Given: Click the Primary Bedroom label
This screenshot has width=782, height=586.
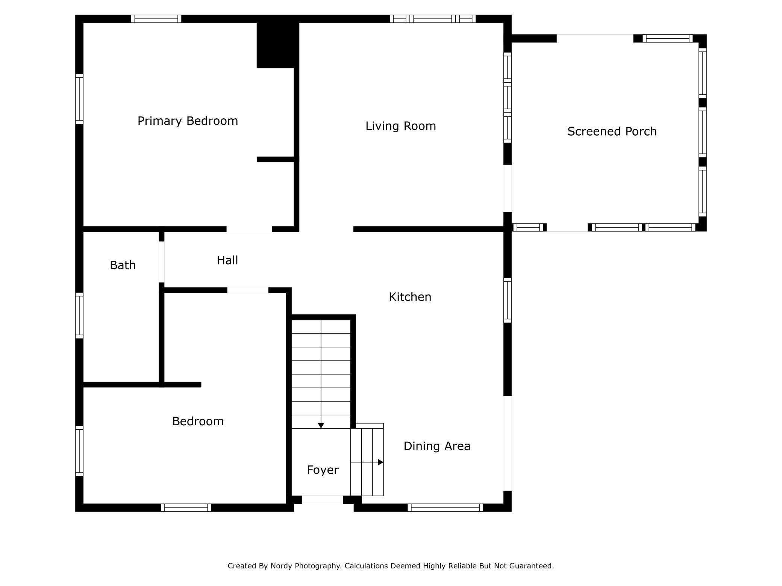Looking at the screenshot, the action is tap(188, 121).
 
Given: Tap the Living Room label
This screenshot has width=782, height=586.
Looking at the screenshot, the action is tap(401, 126).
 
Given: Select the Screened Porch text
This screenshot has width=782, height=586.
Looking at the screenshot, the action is tap(612, 131).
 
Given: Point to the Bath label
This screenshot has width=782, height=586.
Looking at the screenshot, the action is tap(123, 265).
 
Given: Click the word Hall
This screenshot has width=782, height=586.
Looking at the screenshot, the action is tap(227, 260).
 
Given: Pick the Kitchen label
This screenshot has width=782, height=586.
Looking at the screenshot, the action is tap(410, 297).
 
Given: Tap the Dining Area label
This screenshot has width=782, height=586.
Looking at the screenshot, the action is tap(437, 446).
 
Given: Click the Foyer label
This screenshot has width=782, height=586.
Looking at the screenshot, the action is tap(323, 470).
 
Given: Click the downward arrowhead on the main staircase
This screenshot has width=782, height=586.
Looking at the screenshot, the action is tap(321, 426).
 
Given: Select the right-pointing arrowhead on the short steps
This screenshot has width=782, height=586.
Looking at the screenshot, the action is tap(380, 462).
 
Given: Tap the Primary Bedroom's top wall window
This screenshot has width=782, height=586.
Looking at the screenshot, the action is tap(156, 19).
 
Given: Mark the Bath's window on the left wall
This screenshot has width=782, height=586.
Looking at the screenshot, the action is tap(79, 316).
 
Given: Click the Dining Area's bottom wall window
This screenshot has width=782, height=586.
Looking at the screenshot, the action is tap(446, 508).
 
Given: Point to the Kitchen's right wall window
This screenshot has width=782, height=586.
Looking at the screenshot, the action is tap(508, 301).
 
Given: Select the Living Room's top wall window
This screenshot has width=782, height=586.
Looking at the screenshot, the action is tap(433, 19).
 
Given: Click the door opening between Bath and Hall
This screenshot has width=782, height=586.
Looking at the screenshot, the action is tap(162, 262).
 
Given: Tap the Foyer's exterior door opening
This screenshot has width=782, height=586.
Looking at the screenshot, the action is tap(322, 500).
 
